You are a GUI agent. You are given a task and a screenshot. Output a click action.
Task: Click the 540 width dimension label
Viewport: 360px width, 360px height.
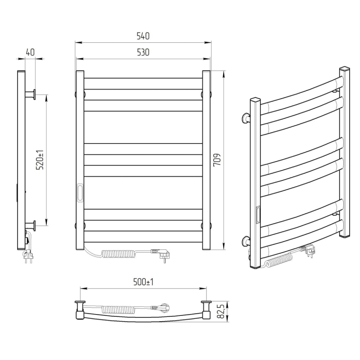point(143,36)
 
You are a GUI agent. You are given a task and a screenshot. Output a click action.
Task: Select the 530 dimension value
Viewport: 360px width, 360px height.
point(143,53)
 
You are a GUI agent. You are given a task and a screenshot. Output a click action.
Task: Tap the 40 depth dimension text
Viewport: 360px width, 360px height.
point(30,52)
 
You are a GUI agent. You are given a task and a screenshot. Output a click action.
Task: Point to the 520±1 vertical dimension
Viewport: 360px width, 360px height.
point(40,160)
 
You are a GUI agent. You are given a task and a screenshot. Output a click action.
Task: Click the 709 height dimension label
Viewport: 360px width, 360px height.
point(217,160)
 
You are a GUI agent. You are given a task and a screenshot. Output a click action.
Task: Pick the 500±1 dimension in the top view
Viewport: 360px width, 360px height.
point(143,282)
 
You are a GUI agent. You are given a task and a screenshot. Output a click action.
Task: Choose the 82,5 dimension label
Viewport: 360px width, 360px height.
point(220,311)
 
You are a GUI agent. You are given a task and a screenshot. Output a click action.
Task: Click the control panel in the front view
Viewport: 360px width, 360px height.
point(80,193)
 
